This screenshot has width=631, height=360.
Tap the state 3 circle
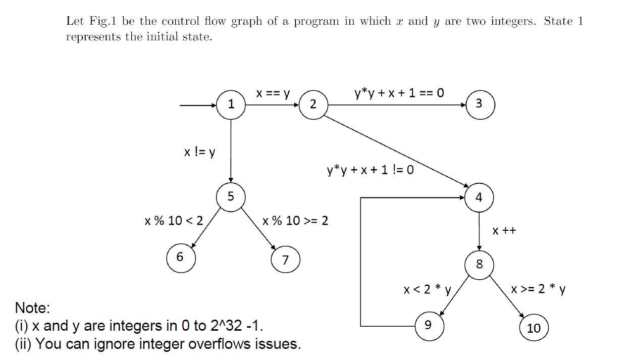pyautogui.click(x=479, y=104)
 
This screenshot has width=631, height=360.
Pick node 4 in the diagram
pyautogui.click(x=479, y=197)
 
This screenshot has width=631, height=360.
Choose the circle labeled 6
pyautogui.click(x=180, y=258)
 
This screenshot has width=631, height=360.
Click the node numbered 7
pyautogui.click(x=285, y=260)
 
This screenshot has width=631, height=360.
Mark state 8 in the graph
pyautogui.click(x=479, y=264)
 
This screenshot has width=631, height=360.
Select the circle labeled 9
pyautogui.click(x=429, y=325)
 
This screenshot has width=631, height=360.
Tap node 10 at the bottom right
pyautogui.click(x=534, y=328)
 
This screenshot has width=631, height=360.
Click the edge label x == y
pyautogui.click(x=273, y=93)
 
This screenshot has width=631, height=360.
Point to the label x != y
pyautogui.click(x=199, y=151)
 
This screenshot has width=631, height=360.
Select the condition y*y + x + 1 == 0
pyautogui.click(x=399, y=93)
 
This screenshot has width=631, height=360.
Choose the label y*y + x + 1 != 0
pyautogui.click(x=370, y=170)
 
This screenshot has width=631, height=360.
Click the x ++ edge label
pyautogui.click(x=504, y=231)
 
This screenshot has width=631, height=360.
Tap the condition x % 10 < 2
pyautogui.click(x=173, y=221)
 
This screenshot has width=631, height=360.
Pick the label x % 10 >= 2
pyautogui.click(x=295, y=221)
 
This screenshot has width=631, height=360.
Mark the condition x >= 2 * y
pyautogui.click(x=538, y=289)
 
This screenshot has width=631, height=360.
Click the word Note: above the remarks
pyautogui.click(x=33, y=307)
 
